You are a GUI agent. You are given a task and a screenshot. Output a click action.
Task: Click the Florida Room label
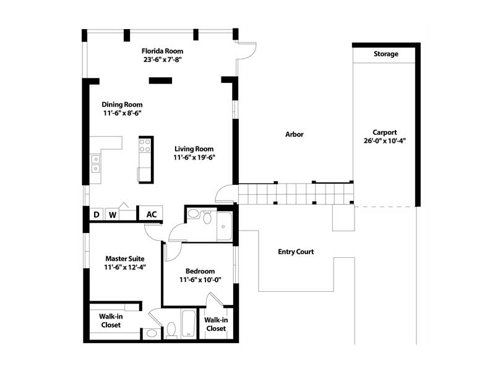(162, 51)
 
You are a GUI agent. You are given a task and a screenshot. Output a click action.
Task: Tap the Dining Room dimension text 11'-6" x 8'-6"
(122, 113)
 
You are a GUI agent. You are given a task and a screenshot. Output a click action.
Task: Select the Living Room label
(194, 149)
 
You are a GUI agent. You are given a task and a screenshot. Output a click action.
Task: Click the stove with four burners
(145, 145)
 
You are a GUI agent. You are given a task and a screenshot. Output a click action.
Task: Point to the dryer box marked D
(97, 215)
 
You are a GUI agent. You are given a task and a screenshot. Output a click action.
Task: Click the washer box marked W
(112, 215)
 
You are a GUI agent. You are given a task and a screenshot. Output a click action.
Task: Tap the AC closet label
(152, 215)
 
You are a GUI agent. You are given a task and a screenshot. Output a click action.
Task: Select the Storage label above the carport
(385, 54)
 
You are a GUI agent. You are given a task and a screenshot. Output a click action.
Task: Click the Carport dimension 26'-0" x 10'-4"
(384, 141)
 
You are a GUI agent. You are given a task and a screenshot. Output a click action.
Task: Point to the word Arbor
(295, 134)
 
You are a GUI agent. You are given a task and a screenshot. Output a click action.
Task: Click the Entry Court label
(296, 252)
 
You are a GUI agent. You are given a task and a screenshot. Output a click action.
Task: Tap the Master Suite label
(125, 258)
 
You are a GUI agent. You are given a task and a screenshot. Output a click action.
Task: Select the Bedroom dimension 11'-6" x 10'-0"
(200, 279)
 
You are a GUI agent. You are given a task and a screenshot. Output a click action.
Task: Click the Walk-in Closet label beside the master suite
(111, 320)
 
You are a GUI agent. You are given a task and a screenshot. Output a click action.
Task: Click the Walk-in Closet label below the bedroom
(216, 324)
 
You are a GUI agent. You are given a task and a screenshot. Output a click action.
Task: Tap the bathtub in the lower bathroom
(189, 323)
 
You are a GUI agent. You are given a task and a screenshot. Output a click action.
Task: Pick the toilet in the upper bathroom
(207, 218)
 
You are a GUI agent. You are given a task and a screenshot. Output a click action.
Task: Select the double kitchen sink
(96, 164)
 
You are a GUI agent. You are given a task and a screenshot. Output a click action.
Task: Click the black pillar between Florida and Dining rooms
(160, 80)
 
